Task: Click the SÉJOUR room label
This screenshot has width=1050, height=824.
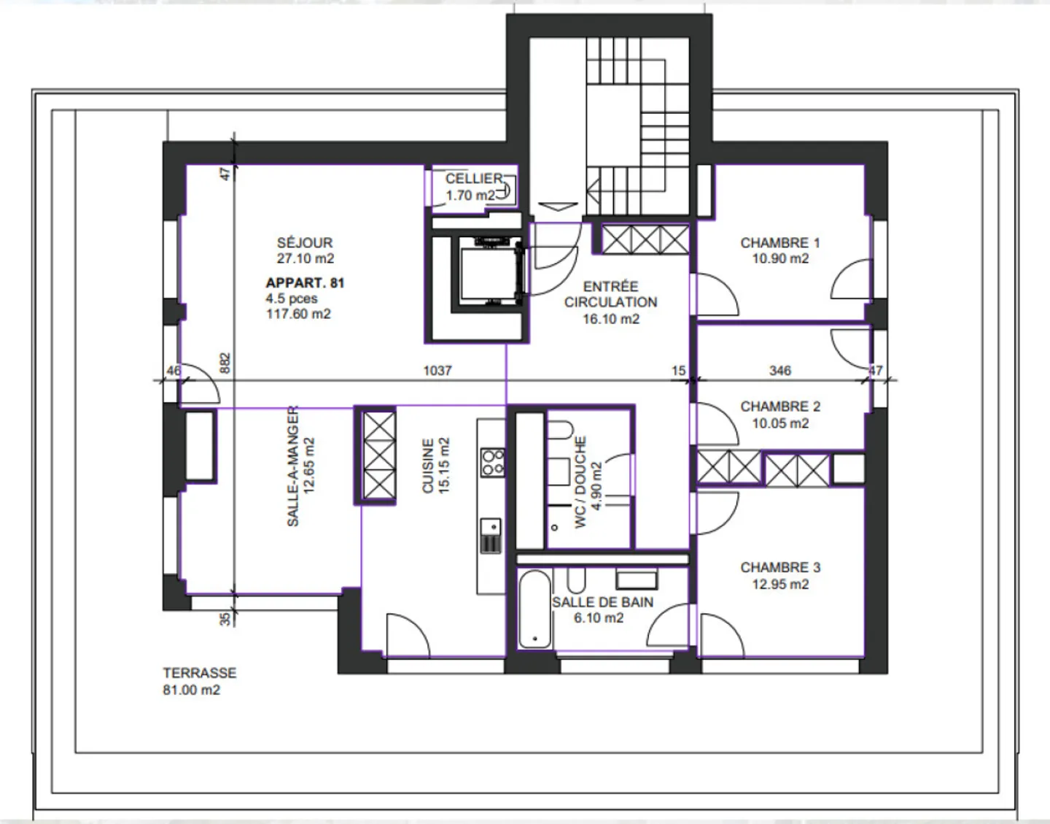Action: pos(305,243)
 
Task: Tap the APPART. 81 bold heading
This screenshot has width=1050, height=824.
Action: pos(305,283)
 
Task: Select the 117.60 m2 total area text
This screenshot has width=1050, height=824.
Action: pos(298,315)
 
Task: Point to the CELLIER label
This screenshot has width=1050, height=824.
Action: pos(474,179)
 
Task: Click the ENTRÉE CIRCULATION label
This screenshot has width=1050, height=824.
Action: pos(610,294)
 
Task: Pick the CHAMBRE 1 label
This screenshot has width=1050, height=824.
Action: pos(780,243)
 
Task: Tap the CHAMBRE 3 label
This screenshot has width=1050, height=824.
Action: pos(780,568)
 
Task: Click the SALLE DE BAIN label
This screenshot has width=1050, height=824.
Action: pos(602,603)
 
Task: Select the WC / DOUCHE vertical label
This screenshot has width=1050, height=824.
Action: pos(581,482)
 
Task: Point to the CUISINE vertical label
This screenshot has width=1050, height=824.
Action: pos(429,466)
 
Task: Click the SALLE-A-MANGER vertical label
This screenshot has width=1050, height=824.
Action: pos(293,466)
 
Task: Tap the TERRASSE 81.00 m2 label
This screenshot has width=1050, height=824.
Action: pos(199,681)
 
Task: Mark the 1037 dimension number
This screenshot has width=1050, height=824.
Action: pos(437,371)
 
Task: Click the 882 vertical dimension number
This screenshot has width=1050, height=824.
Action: pos(225,363)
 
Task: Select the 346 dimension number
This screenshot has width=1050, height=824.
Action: pos(780,371)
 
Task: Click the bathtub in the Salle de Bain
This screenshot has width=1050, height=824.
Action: pos(536,609)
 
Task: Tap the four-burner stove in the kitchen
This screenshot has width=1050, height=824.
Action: pos(492,462)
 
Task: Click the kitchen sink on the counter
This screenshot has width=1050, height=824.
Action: pos(491,526)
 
